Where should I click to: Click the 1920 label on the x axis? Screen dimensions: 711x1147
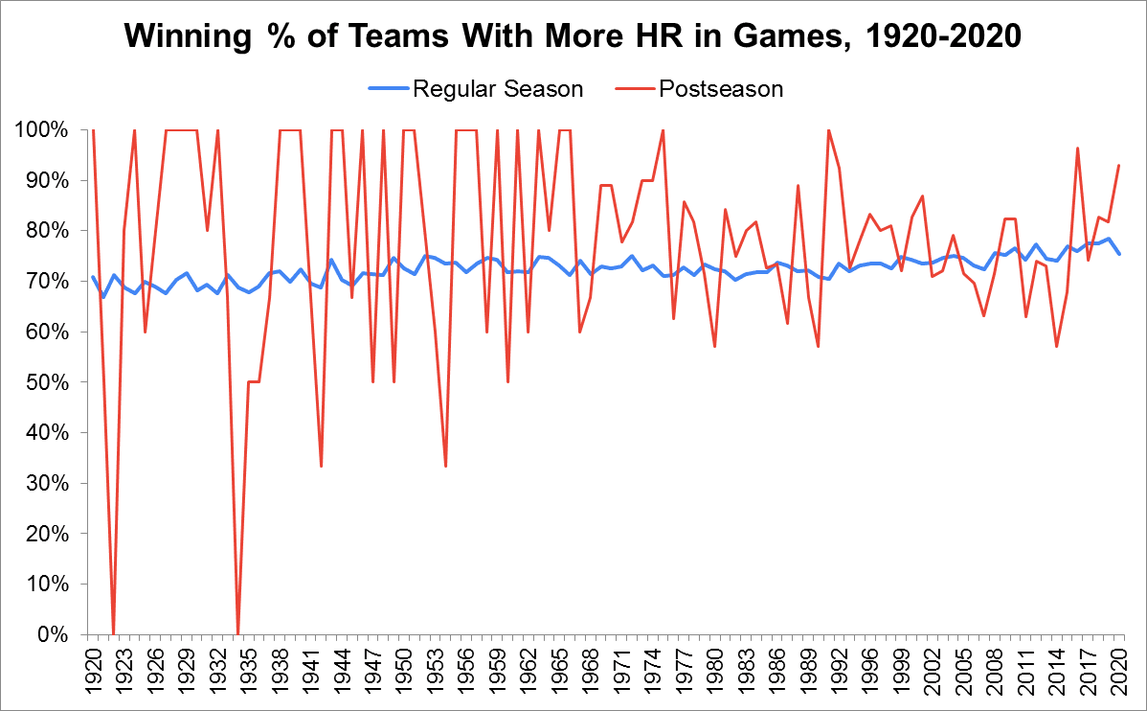point(93,672)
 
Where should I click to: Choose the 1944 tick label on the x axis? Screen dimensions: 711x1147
point(339,672)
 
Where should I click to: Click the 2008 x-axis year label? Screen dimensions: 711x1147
point(996,672)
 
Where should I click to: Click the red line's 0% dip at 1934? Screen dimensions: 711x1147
point(237,632)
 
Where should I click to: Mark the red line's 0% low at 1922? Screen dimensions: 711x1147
point(114,632)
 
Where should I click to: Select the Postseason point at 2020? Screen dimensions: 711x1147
point(1119,165)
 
